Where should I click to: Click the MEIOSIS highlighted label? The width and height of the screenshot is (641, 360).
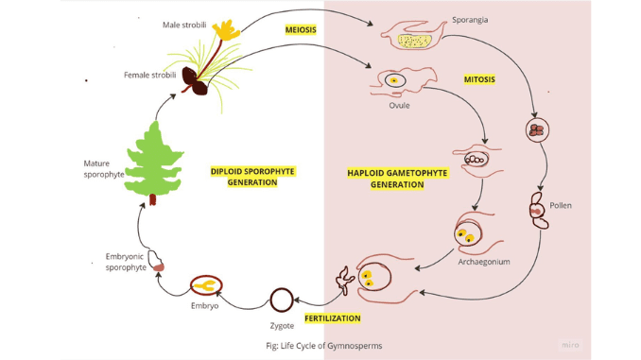point(301,29)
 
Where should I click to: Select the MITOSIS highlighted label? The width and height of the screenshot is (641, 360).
point(480,79)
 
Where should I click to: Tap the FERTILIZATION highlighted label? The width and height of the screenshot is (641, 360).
point(333,318)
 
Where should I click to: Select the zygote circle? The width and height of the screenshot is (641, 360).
point(281,300)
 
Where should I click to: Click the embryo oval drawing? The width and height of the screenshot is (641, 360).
point(205,283)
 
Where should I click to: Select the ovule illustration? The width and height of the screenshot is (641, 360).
point(394,81)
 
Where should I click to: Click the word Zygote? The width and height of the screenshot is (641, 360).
point(282,326)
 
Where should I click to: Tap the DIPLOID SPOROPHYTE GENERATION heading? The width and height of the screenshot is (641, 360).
point(252,177)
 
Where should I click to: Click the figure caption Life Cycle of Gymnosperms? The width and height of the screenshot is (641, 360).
point(324,346)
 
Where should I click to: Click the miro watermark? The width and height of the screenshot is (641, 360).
point(569,345)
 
